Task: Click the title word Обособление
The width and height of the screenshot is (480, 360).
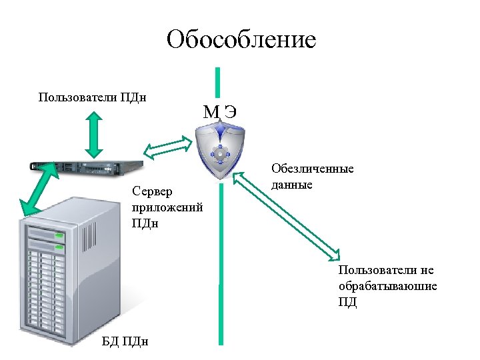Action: (x=241, y=39)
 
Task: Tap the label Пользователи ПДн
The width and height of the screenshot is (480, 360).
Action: (x=93, y=97)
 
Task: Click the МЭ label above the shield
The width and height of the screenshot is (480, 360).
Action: (x=219, y=111)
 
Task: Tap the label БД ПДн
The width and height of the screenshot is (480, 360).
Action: (x=125, y=341)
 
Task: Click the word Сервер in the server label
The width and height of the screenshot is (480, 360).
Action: (x=151, y=191)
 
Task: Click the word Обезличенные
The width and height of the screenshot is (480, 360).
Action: (x=312, y=169)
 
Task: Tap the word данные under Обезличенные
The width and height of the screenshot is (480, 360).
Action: (x=292, y=185)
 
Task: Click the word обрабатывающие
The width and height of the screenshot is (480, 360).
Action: (x=387, y=285)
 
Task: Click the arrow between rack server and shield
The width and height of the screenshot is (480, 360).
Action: (x=169, y=147)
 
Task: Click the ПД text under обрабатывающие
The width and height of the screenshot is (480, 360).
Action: (x=347, y=301)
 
